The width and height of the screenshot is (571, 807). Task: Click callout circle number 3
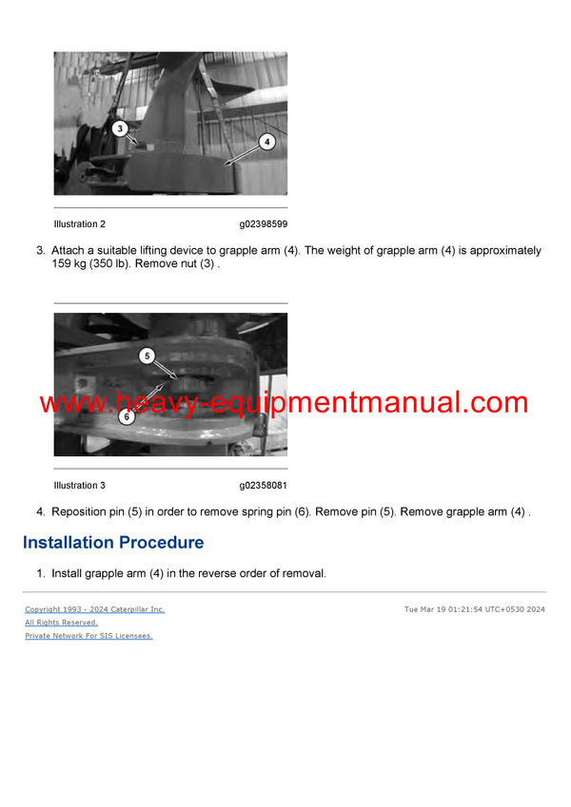click(x=120, y=127)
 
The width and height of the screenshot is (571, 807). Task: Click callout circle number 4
click(x=266, y=142)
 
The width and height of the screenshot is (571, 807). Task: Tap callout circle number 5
click(x=147, y=356)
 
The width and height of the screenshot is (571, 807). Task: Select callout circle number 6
click(x=126, y=416)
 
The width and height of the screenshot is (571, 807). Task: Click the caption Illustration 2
click(x=80, y=224)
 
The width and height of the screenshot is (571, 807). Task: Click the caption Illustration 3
click(x=80, y=486)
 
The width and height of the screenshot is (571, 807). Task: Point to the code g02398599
click(x=263, y=224)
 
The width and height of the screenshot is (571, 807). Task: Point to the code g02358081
click(x=263, y=486)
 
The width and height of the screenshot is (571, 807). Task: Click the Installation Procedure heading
click(x=112, y=543)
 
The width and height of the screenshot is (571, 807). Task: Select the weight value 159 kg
click(x=70, y=264)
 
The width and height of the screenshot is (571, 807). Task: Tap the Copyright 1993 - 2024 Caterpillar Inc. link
click(x=94, y=609)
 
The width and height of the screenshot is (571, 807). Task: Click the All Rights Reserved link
click(x=61, y=623)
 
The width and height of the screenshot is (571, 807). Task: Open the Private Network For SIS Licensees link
click(x=89, y=636)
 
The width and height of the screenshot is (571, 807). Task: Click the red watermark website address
click(x=284, y=402)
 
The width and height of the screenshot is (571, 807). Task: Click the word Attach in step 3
click(x=67, y=251)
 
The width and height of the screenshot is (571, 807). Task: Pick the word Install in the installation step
click(x=67, y=574)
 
